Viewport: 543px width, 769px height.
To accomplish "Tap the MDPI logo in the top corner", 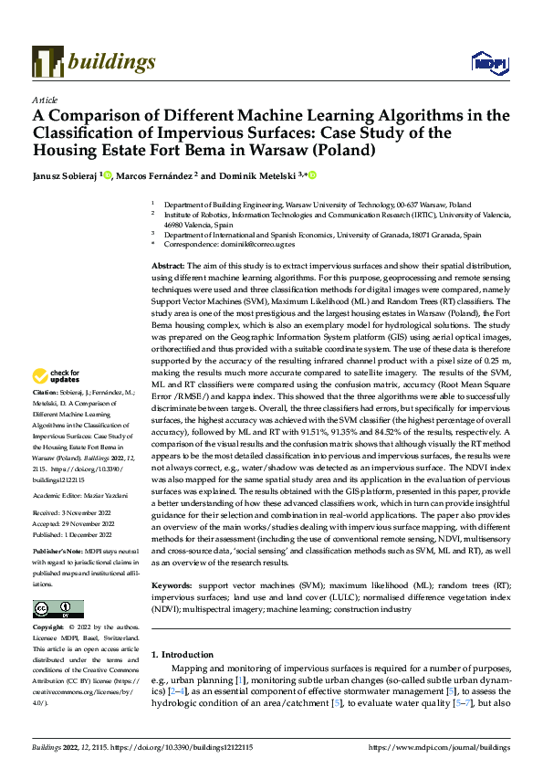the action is click(488, 61).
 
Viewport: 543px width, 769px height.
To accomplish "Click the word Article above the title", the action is click(45, 100).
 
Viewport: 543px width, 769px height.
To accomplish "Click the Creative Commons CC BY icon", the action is click(57, 609).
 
